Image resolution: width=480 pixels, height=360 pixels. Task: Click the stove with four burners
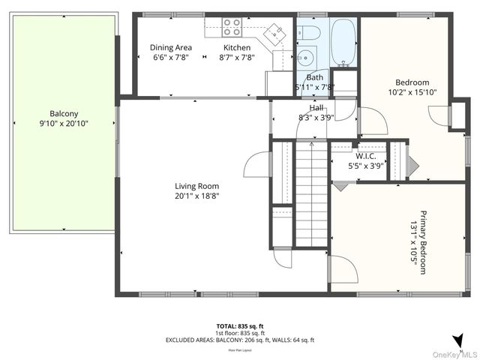pyautogui.click(x=232, y=28)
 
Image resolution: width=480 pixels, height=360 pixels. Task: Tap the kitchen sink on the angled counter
pyautogui.click(x=275, y=32)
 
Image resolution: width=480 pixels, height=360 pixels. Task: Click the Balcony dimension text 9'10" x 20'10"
pyautogui.click(x=64, y=124)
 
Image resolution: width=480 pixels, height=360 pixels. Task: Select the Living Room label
pyautogui.click(x=196, y=186)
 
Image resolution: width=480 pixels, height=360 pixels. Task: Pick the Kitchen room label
pyautogui.click(x=237, y=47)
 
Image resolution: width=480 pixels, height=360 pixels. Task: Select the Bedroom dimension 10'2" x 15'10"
pyautogui.click(x=412, y=92)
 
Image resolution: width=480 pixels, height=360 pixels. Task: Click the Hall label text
pyautogui.click(x=316, y=107)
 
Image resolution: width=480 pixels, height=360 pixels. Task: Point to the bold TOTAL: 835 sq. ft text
pyautogui.click(x=239, y=326)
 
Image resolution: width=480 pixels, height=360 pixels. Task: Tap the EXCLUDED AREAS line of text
pyautogui.click(x=239, y=340)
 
